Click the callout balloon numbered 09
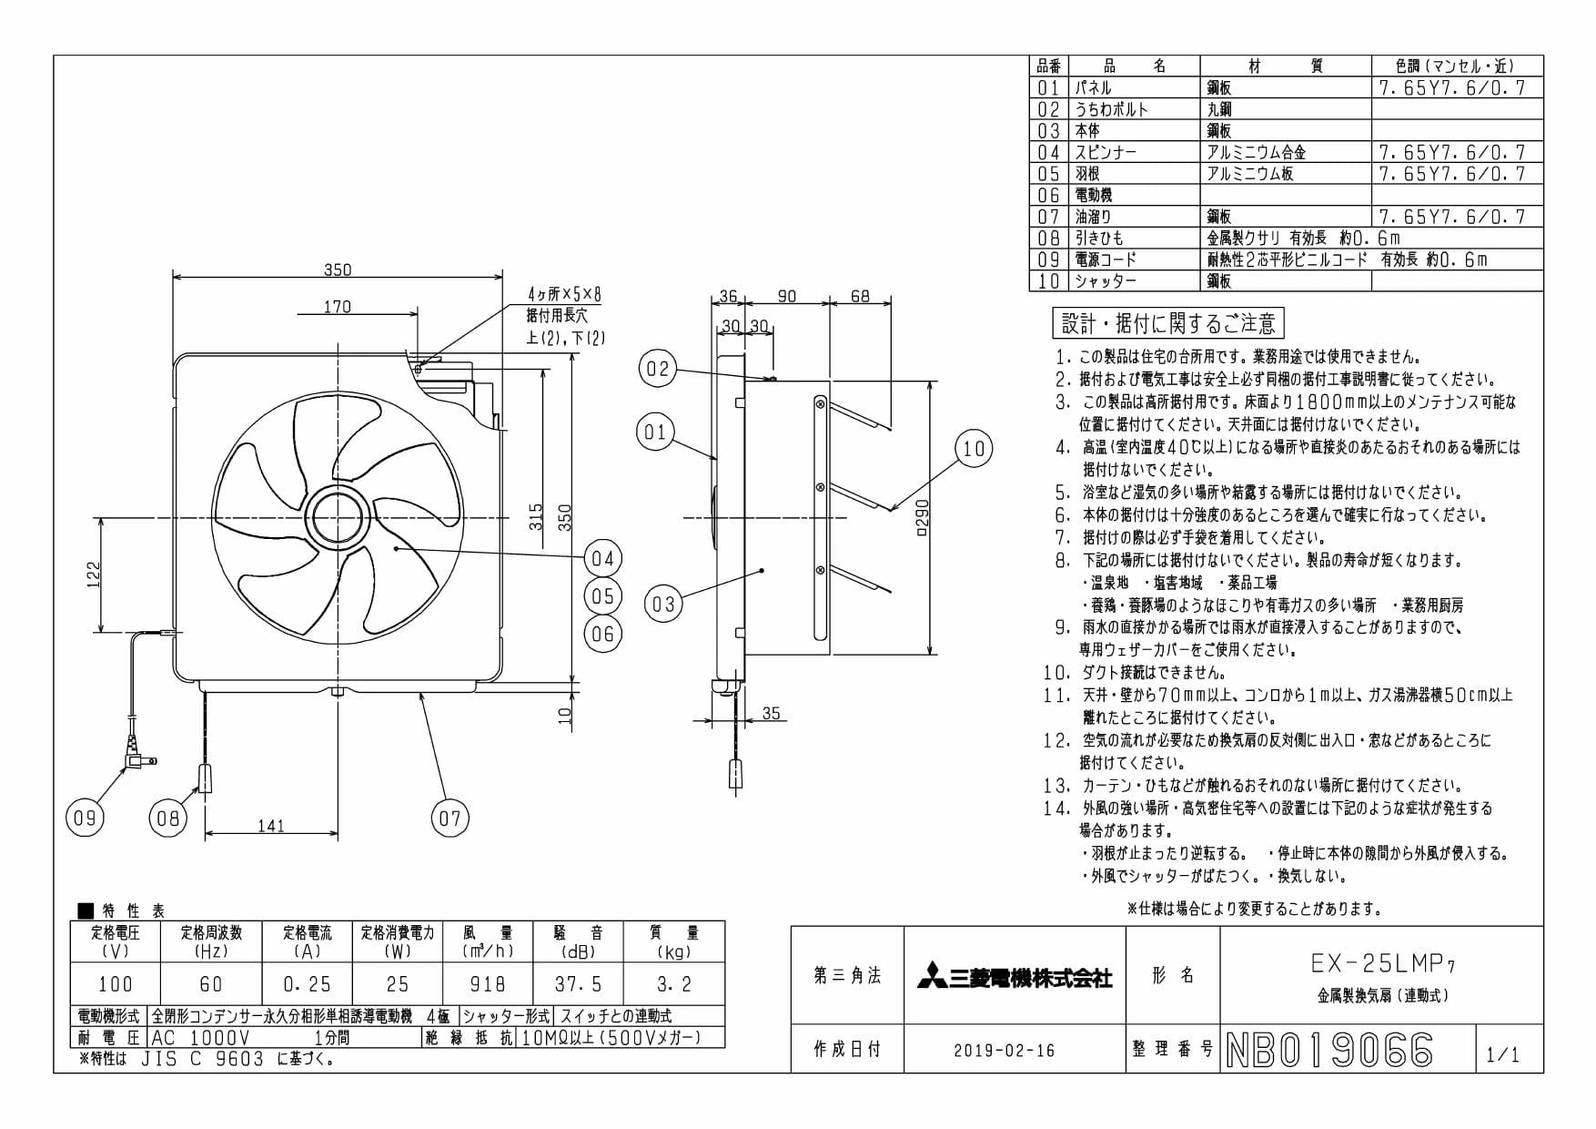(x=85, y=818)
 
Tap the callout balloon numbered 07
(x=450, y=818)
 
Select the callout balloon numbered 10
(x=974, y=449)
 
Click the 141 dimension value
(x=271, y=826)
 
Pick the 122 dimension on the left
(x=93, y=575)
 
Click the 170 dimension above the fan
(x=337, y=307)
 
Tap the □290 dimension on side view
(x=922, y=518)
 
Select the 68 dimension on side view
(x=860, y=296)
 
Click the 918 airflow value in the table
(x=488, y=984)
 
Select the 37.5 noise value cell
(x=579, y=984)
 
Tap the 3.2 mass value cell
(x=674, y=984)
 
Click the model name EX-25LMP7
(x=1380, y=962)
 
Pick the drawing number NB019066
(x=1329, y=1050)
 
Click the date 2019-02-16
(x=1005, y=1051)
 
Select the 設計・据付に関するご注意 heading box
(x=1168, y=323)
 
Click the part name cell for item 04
(x=1135, y=152)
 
